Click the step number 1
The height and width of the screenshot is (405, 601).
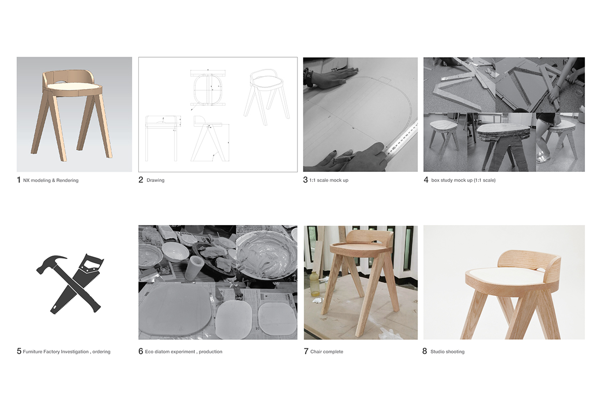pyautogui.click(x=19, y=180)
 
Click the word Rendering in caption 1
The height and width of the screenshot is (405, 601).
pyautogui.click(x=67, y=180)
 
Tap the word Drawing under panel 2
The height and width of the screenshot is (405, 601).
pyautogui.click(x=155, y=180)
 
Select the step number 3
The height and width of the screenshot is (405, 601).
pyautogui.click(x=306, y=180)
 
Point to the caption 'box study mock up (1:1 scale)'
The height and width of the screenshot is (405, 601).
pyautogui.click(x=463, y=180)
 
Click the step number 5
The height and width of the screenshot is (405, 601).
pyautogui.click(x=19, y=351)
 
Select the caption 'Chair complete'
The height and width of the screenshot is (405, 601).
pyautogui.click(x=327, y=352)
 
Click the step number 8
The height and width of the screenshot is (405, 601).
pyautogui.click(x=425, y=351)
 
